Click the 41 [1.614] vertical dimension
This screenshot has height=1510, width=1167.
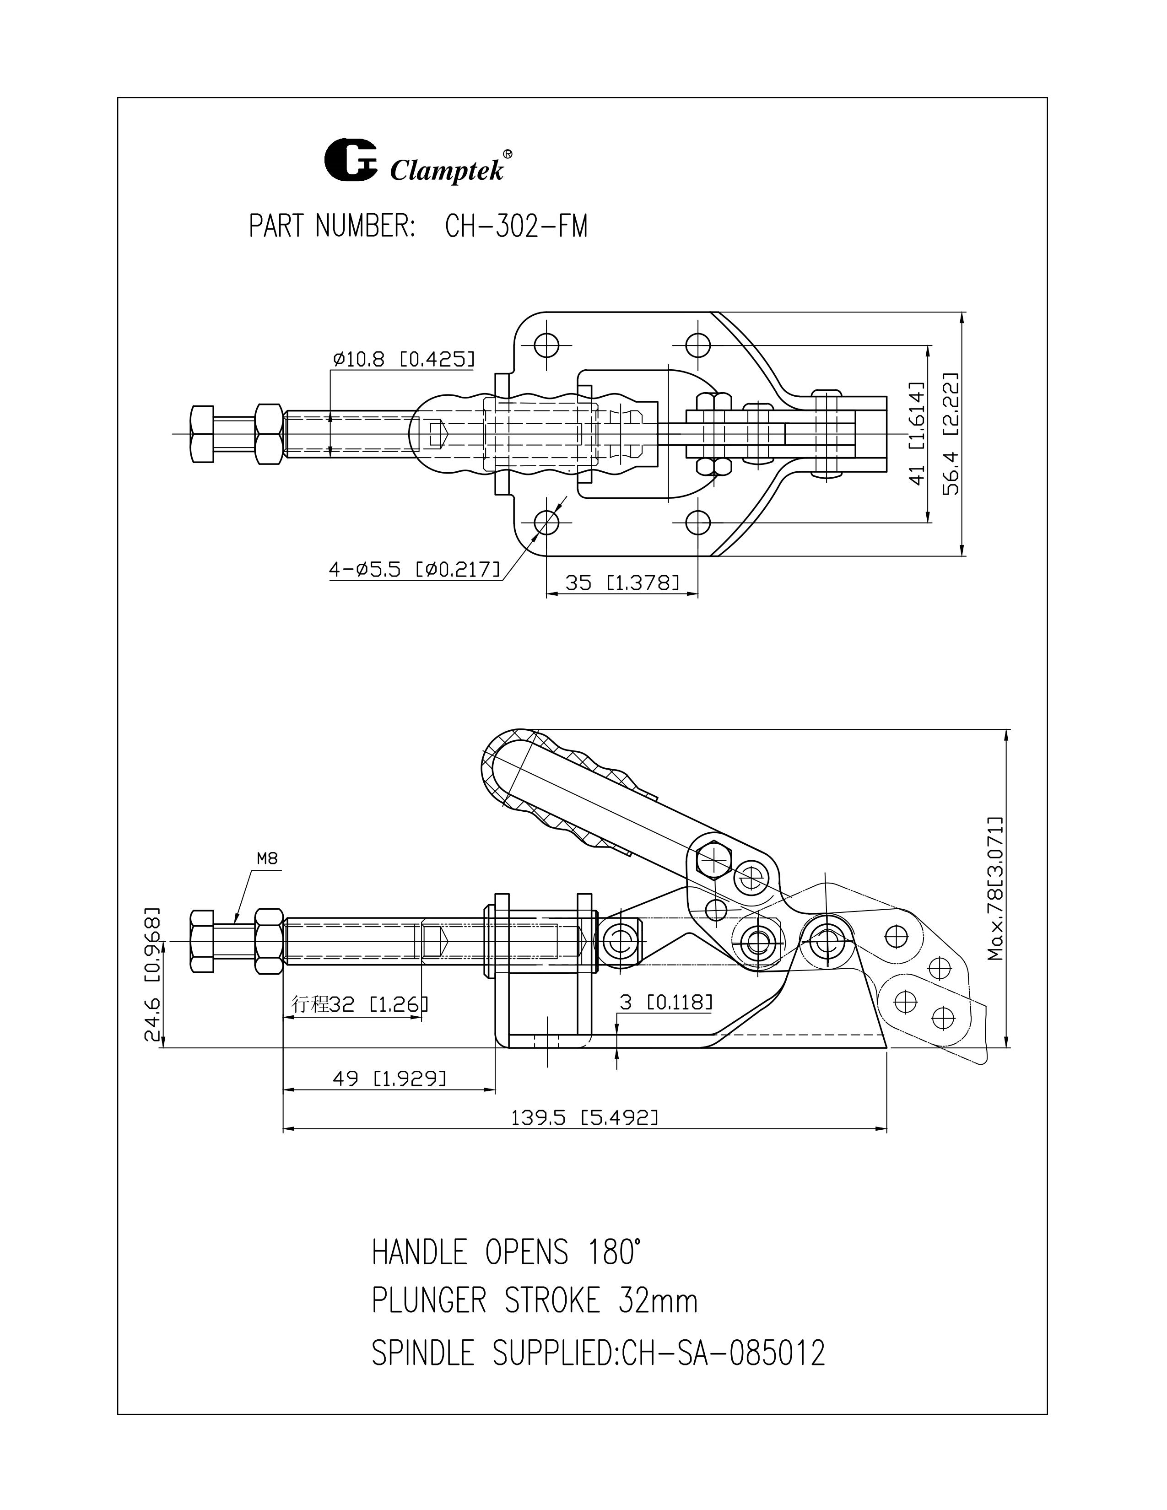pos(916,433)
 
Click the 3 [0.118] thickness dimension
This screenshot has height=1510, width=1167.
pos(665,1002)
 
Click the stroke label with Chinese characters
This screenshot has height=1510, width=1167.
pos(360,1003)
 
